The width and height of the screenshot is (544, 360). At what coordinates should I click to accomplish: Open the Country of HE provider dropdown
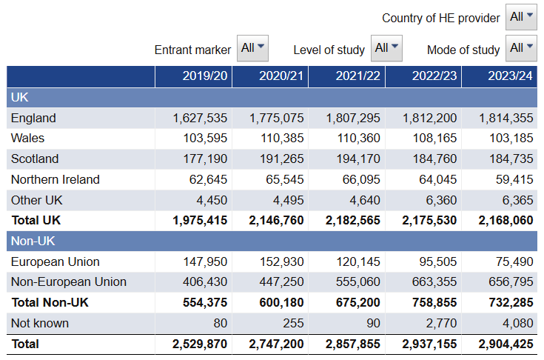pyautogui.click(x=521, y=17)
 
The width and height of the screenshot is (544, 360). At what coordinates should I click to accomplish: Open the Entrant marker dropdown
pyautogui.click(x=252, y=48)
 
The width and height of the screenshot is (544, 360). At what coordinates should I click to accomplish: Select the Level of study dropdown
pyautogui.click(x=386, y=48)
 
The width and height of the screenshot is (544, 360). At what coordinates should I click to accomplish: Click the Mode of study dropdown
pyautogui.click(x=521, y=49)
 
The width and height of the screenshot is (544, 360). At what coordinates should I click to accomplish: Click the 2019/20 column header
pyautogui.click(x=205, y=76)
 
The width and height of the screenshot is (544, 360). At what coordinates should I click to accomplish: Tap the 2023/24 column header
pyautogui.click(x=510, y=76)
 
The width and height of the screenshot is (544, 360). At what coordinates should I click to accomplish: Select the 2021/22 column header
pyautogui.click(x=357, y=76)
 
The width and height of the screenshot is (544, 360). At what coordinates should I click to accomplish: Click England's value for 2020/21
pyautogui.click(x=277, y=118)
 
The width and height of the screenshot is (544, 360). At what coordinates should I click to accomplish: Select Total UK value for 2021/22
pyautogui.click(x=353, y=221)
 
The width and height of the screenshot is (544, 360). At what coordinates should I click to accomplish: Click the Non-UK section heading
pyautogui.click(x=33, y=241)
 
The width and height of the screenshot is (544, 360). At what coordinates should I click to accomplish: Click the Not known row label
pyautogui.click(x=40, y=323)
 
